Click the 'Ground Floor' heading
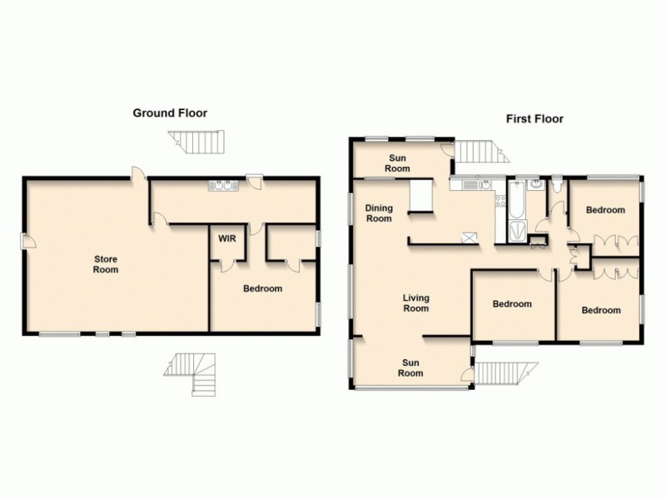pos(170,113)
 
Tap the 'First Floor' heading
pos(534,119)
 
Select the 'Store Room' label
pos(105,264)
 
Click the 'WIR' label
pos(226,238)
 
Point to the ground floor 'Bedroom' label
pos(262,289)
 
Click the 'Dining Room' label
pos(379,213)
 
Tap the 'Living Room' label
pos(415,302)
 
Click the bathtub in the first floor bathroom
pos(517,197)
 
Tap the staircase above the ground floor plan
pos(200,143)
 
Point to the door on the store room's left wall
pos(27,241)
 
